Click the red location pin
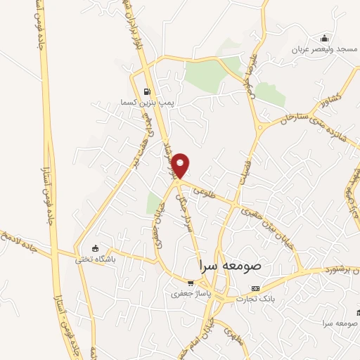point(181,165)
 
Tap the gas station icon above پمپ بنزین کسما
point(146,91)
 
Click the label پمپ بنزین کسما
point(146,103)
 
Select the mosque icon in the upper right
point(324,37)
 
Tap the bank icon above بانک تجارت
point(255,288)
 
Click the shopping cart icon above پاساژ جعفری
point(181,283)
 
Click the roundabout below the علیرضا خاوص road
point(261,128)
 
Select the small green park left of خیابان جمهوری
point(155,204)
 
